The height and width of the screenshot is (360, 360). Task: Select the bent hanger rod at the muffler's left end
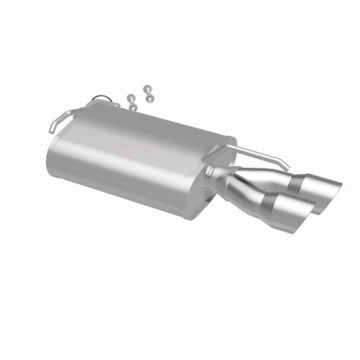coord(69,116)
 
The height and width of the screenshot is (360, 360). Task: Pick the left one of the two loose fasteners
coord(132,101)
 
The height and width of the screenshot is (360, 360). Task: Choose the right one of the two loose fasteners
coord(148,94)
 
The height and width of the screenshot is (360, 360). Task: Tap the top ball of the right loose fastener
coord(146,88)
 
